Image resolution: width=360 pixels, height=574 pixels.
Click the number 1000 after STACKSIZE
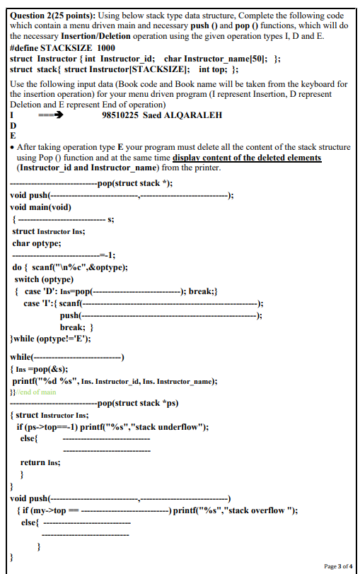point(101,47)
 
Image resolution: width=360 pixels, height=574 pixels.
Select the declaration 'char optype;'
point(37,243)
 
